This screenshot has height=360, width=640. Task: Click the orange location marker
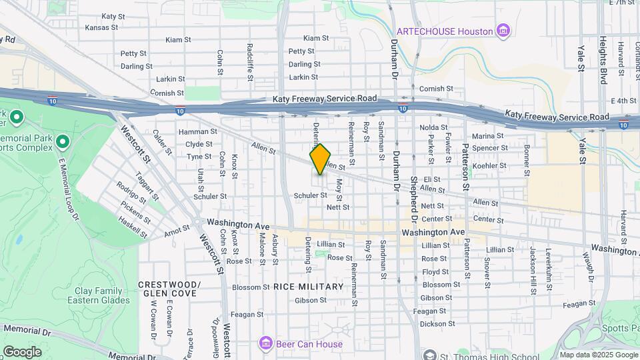(320, 159)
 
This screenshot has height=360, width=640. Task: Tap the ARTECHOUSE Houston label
(445, 31)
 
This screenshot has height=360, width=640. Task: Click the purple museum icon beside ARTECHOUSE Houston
(503, 31)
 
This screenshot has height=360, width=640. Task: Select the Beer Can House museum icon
(265, 344)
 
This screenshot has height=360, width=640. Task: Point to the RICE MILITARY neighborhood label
(308, 287)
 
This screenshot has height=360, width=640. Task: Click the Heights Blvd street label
(603, 60)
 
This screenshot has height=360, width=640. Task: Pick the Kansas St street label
(101, 27)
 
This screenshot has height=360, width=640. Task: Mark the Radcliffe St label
(250, 62)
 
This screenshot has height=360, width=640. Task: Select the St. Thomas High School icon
(429, 355)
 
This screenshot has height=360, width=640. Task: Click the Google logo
(21, 352)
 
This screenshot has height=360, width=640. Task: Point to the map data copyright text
(599, 355)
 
